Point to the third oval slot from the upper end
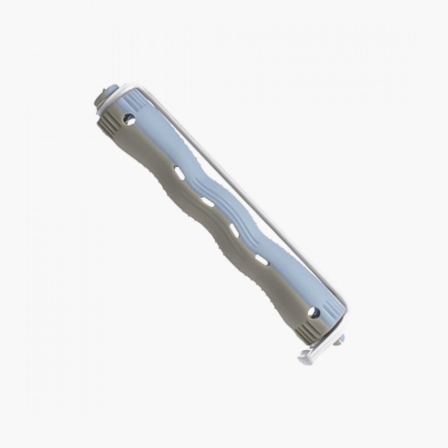tap(234, 229)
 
